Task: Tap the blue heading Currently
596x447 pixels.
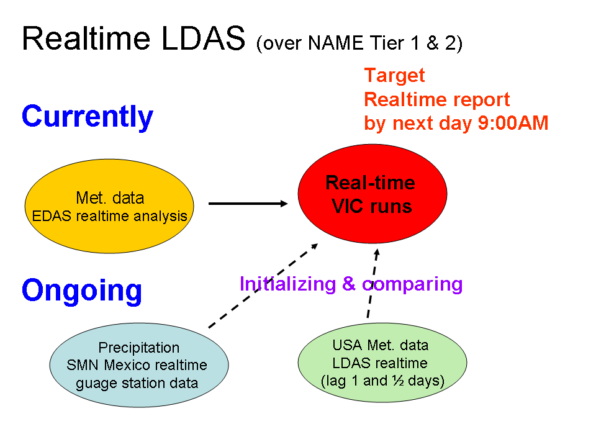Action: click(88, 116)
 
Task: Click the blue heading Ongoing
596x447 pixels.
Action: click(82, 290)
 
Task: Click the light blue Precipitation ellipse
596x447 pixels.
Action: click(139, 365)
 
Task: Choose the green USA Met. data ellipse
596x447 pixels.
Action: click(382, 363)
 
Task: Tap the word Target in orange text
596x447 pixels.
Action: click(394, 76)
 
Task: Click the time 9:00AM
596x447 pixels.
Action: click(513, 124)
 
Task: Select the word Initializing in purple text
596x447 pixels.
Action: click(287, 284)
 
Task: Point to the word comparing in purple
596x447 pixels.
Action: click(412, 284)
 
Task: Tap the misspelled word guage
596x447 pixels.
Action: click(95, 383)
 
